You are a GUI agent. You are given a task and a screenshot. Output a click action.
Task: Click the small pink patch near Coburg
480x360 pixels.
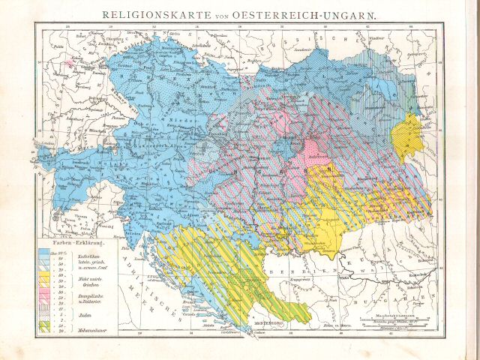70,64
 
